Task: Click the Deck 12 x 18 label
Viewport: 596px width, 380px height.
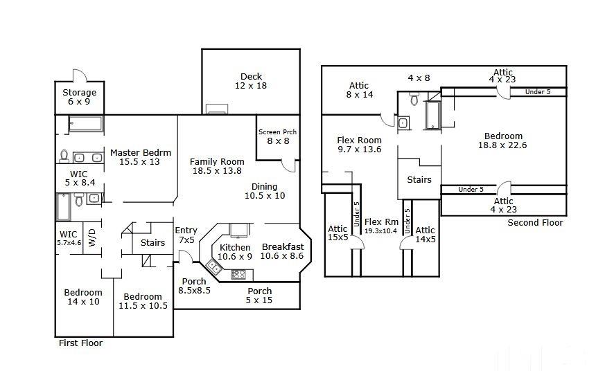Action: click(251, 81)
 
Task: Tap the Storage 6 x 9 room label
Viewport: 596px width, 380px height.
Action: click(79, 97)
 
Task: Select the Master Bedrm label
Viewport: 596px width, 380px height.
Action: click(140, 152)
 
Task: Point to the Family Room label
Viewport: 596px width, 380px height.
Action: click(217, 162)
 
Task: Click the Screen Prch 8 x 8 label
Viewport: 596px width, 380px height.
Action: click(277, 136)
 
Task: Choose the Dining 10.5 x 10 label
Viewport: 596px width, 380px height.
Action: click(265, 191)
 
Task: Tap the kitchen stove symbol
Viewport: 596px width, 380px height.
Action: click(238, 275)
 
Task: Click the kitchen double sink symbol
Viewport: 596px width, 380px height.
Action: click(214, 266)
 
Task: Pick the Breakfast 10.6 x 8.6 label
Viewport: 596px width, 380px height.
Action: click(282, 251)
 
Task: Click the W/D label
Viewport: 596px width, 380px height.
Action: click(92, 237)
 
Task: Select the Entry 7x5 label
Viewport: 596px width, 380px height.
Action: click(186, 235)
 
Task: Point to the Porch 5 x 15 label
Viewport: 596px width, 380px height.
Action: click(259, 296)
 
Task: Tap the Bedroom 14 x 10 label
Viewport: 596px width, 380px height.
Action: click(83, 297)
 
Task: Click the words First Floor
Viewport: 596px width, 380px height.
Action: click(80, 343)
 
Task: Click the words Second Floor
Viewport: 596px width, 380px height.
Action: click(535, 222)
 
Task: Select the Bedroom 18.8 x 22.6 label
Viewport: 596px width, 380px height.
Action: click(503, 141)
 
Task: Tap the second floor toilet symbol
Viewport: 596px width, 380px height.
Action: click(414, 98)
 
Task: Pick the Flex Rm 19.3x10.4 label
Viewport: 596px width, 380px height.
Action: click(381, 226)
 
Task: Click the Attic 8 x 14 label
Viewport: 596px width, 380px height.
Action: click(359, 90)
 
